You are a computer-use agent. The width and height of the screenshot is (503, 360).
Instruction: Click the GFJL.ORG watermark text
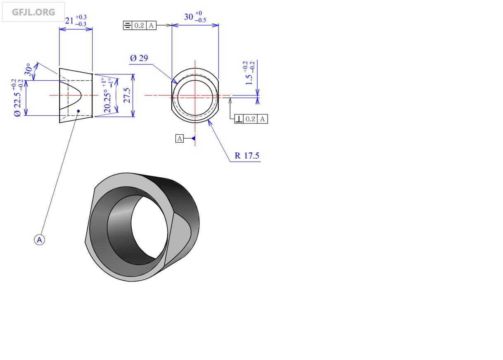click(x=33, y=12)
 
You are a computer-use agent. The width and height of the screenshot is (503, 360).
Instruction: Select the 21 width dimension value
click(x=69, y=21)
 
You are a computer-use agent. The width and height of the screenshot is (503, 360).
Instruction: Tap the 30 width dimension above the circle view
click(x=188, y=17)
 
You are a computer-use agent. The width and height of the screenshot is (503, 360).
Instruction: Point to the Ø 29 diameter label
click(x=139, y=58)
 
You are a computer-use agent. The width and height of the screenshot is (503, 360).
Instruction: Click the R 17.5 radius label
click(x=247, y=155)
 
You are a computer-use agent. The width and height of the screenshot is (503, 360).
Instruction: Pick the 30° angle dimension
click(x=28, y=69)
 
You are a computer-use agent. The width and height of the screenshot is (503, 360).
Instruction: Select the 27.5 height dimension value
click(x=127, y=95)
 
